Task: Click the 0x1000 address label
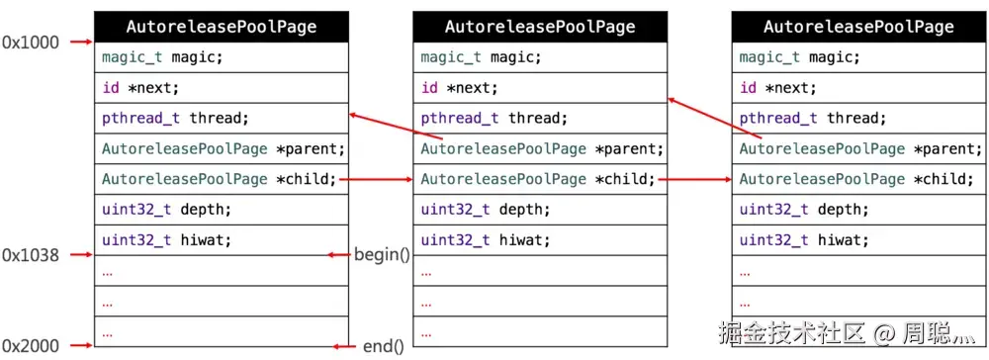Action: (30, 43)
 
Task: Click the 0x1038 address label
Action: (30, 255)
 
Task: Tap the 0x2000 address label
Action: (30, 345)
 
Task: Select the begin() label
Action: (382, 255)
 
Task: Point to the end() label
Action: (384, 345)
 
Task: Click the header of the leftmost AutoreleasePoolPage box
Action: (222, 27)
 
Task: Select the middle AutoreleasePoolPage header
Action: (540, 27)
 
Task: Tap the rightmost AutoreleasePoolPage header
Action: (858, 27)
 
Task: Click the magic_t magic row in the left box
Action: (222, 57)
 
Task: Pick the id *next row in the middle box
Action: (540, 88)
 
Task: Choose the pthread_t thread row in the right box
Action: (858, 119)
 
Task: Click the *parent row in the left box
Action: (222, 149)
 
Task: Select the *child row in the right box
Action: (858, 179)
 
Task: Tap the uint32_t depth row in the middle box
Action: (540, 210)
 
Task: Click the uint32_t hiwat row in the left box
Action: (222, 239)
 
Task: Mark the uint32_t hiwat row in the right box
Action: (858, 239)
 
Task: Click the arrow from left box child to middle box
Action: (381, 179)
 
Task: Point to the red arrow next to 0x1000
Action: (79, 43)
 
